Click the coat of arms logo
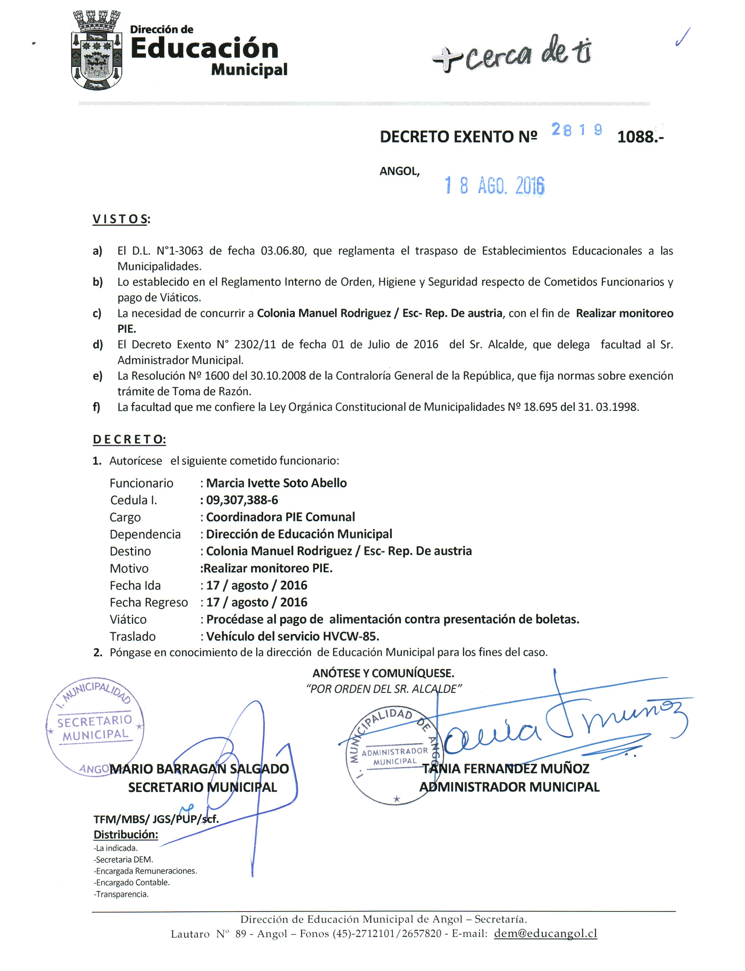pos(97,50)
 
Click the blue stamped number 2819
pos(576,129)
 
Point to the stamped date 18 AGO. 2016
pos(494,186)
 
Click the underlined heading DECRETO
pos(129,439)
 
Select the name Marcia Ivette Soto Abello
pos(276,483)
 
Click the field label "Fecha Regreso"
pos(149,602)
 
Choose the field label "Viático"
pos(128,619)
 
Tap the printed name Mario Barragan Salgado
pos(199,769)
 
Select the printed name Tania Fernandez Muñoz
pos(506,768)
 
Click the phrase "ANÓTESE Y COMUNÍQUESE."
pos(383,673)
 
